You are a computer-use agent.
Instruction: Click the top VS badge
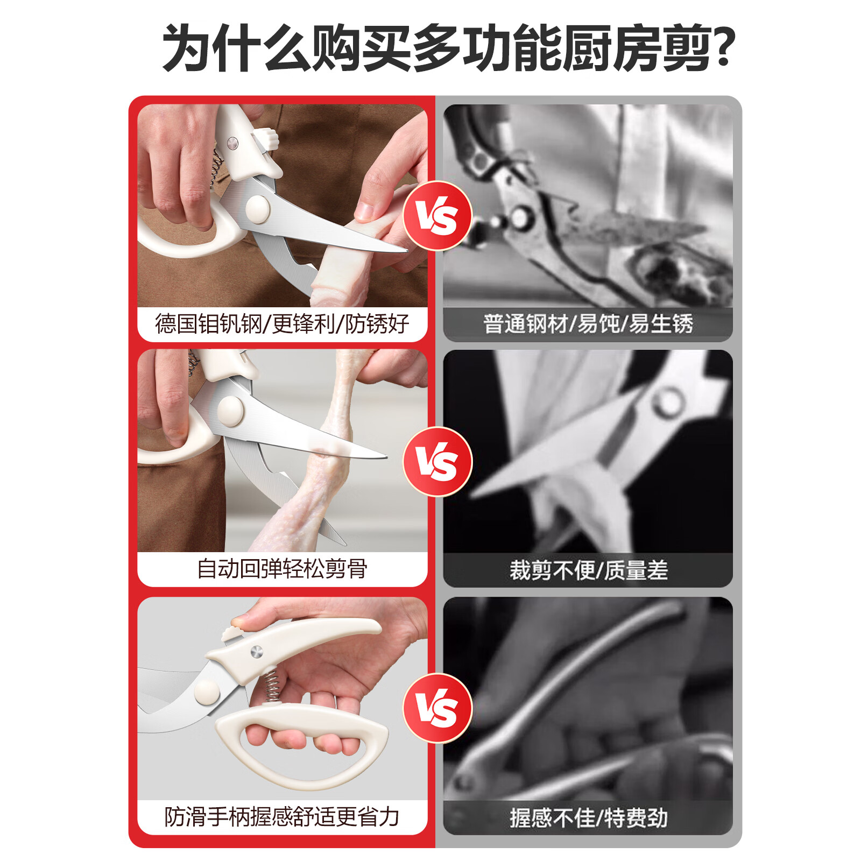pos(437,216)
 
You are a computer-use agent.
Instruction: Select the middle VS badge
pos(437,462)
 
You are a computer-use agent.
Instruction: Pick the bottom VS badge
pos(437,708)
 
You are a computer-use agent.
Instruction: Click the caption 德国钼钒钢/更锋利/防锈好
pos(282,324)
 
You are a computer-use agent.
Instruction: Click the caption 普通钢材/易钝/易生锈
pos(588,324)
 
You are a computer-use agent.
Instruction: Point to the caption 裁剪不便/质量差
pos(588,570)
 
